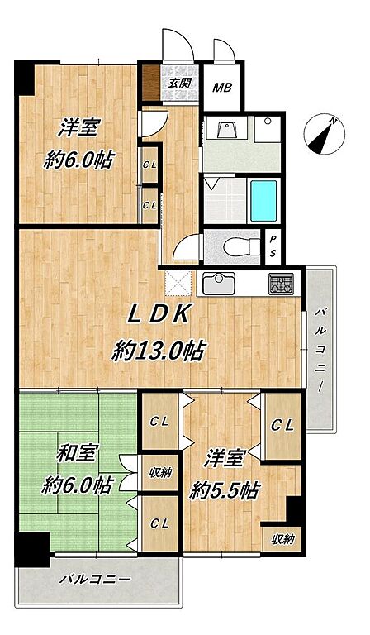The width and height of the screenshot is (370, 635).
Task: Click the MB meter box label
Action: pos(223,87)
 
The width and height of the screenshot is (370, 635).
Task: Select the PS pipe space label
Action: pos(273,246)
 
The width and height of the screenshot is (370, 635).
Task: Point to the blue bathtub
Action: pos(263,200)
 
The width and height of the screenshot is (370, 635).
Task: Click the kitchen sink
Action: pos(219,284)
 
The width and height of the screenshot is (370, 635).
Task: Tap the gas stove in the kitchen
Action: pos(282,284)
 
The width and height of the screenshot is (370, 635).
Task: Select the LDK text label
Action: pos(159,314)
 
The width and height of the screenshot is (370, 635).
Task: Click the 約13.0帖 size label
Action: pos(158,351)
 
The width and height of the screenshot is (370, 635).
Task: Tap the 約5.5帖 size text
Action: pos(225,491)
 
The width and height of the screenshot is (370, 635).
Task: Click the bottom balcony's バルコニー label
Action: pos(96,579)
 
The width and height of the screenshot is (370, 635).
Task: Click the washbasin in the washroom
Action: pos(228,128)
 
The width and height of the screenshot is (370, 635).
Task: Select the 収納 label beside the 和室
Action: pos(160,472)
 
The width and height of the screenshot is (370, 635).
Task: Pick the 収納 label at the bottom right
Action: pos(282,539)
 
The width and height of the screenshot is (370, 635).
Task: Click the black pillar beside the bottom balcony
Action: pos(32,549)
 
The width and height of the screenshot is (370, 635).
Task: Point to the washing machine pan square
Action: pos(268,129)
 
